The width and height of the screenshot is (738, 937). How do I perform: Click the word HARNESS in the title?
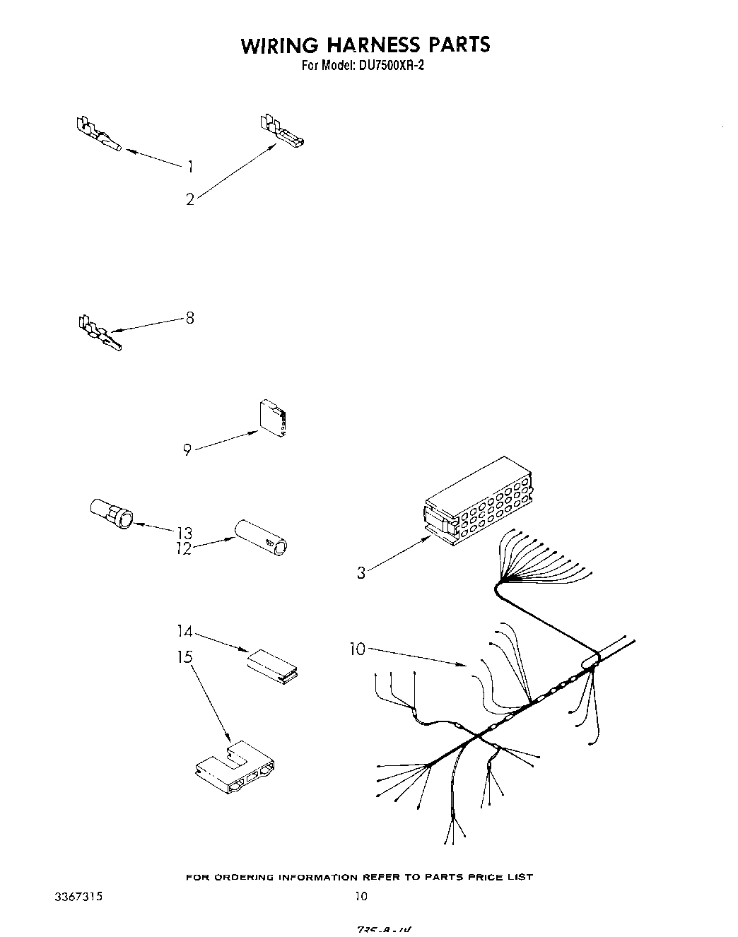pyautogui.click(x=365, y=45)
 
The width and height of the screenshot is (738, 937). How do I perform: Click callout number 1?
pyautogui.click(x=190, y=167)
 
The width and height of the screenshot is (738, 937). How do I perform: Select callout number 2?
pyautogui.click(x=189, y=200)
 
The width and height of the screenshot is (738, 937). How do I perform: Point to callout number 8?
pyautogui.click(x=189, y=318)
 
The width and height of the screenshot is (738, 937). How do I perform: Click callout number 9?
pyautogui.click(x=187, y=449)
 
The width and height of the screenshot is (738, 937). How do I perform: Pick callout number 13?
pyautogui.click(x=184, y=533)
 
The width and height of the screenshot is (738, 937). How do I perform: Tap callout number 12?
pyautogui.click(x=184, y=549)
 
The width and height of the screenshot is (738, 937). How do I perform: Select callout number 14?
pyautogui.click(x=184, y=631)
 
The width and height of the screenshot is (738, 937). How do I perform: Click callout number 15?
pyautogui.click(x=184, y=657)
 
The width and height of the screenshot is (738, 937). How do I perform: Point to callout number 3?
pyautogui.click(x=361, y=573)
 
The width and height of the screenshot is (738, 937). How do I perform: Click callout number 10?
pyautogui.click(x=358, y=649)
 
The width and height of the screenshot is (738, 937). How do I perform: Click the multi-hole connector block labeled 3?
pyautogui.click(x=476, y=502)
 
